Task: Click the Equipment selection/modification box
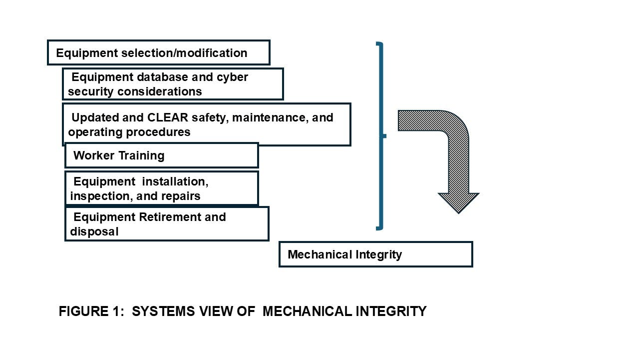click(x=158, y=52)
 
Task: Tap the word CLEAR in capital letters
click(x=167, y=117)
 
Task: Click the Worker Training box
click(x=161, y=155)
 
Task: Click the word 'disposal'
click(x=94, y=231)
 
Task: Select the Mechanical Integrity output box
click(x=375, y=254)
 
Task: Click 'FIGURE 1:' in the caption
click(x=90, y=311)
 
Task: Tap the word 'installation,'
click(x=173, y=181)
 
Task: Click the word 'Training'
click(x=141, y=155)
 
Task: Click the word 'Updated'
click(x=95, y=117)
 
